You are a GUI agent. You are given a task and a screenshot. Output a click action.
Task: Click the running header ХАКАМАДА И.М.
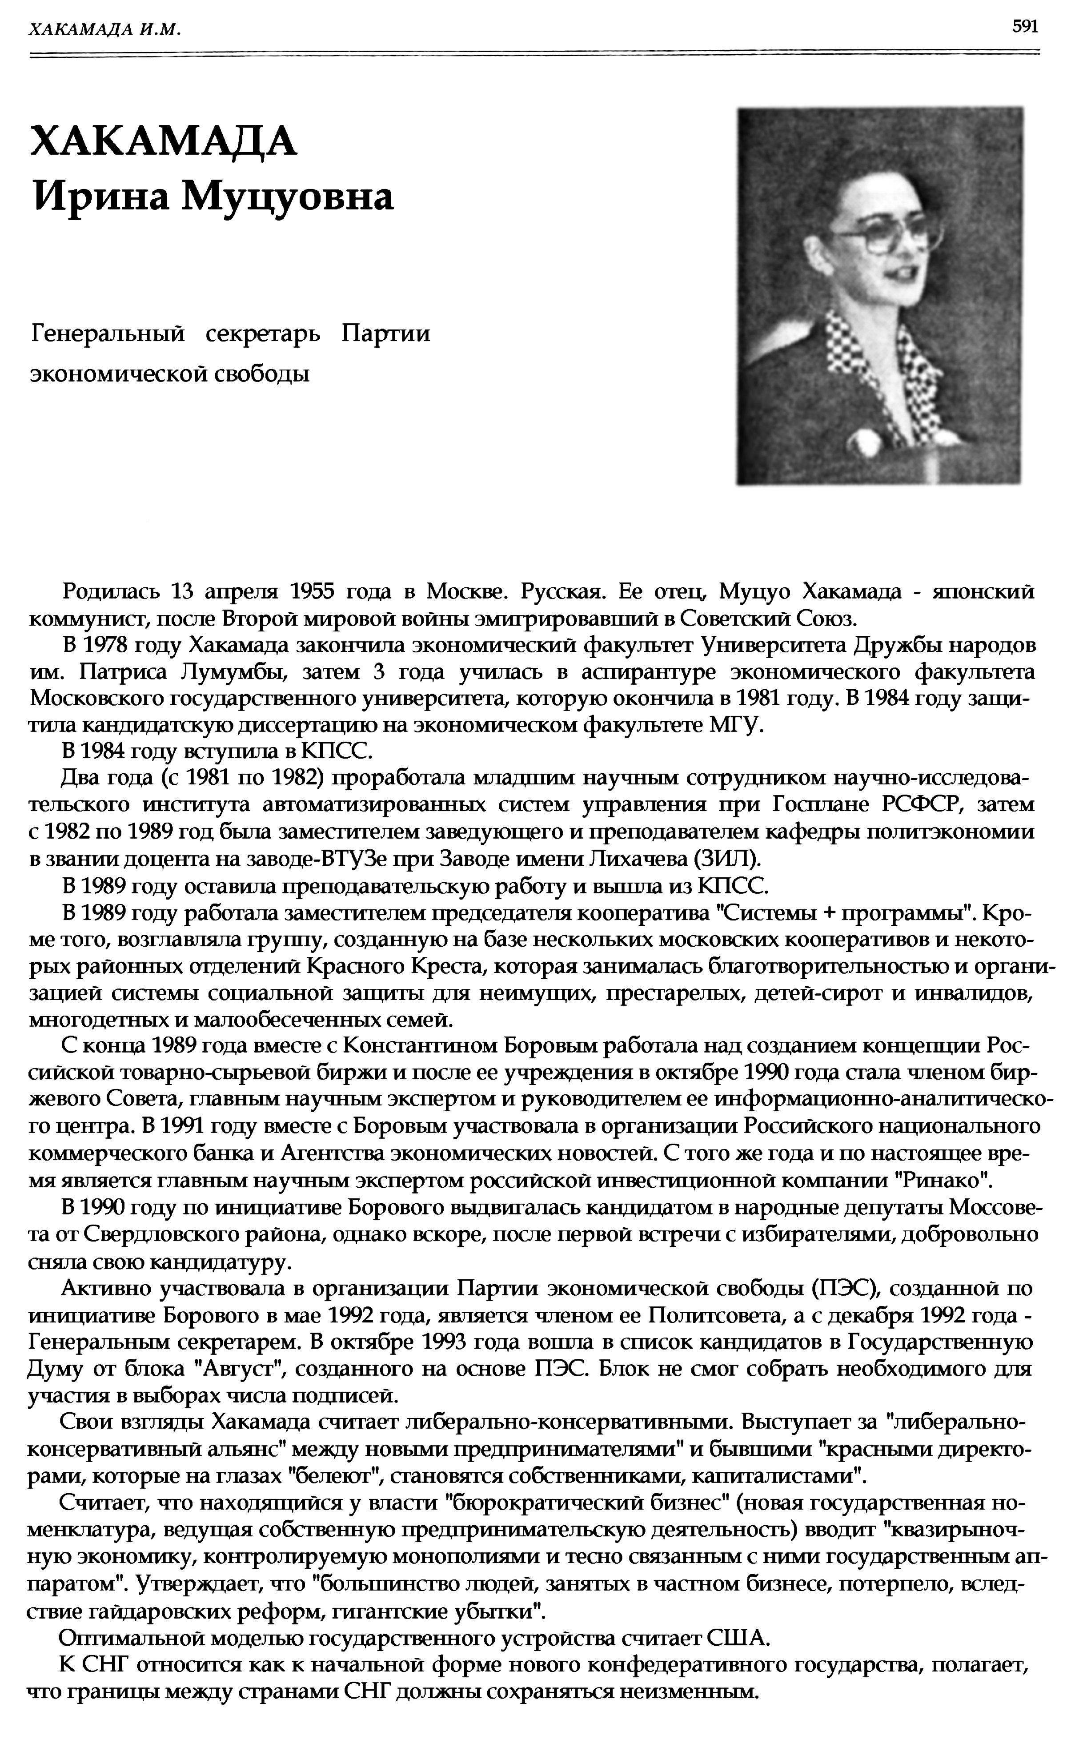point(104,29)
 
